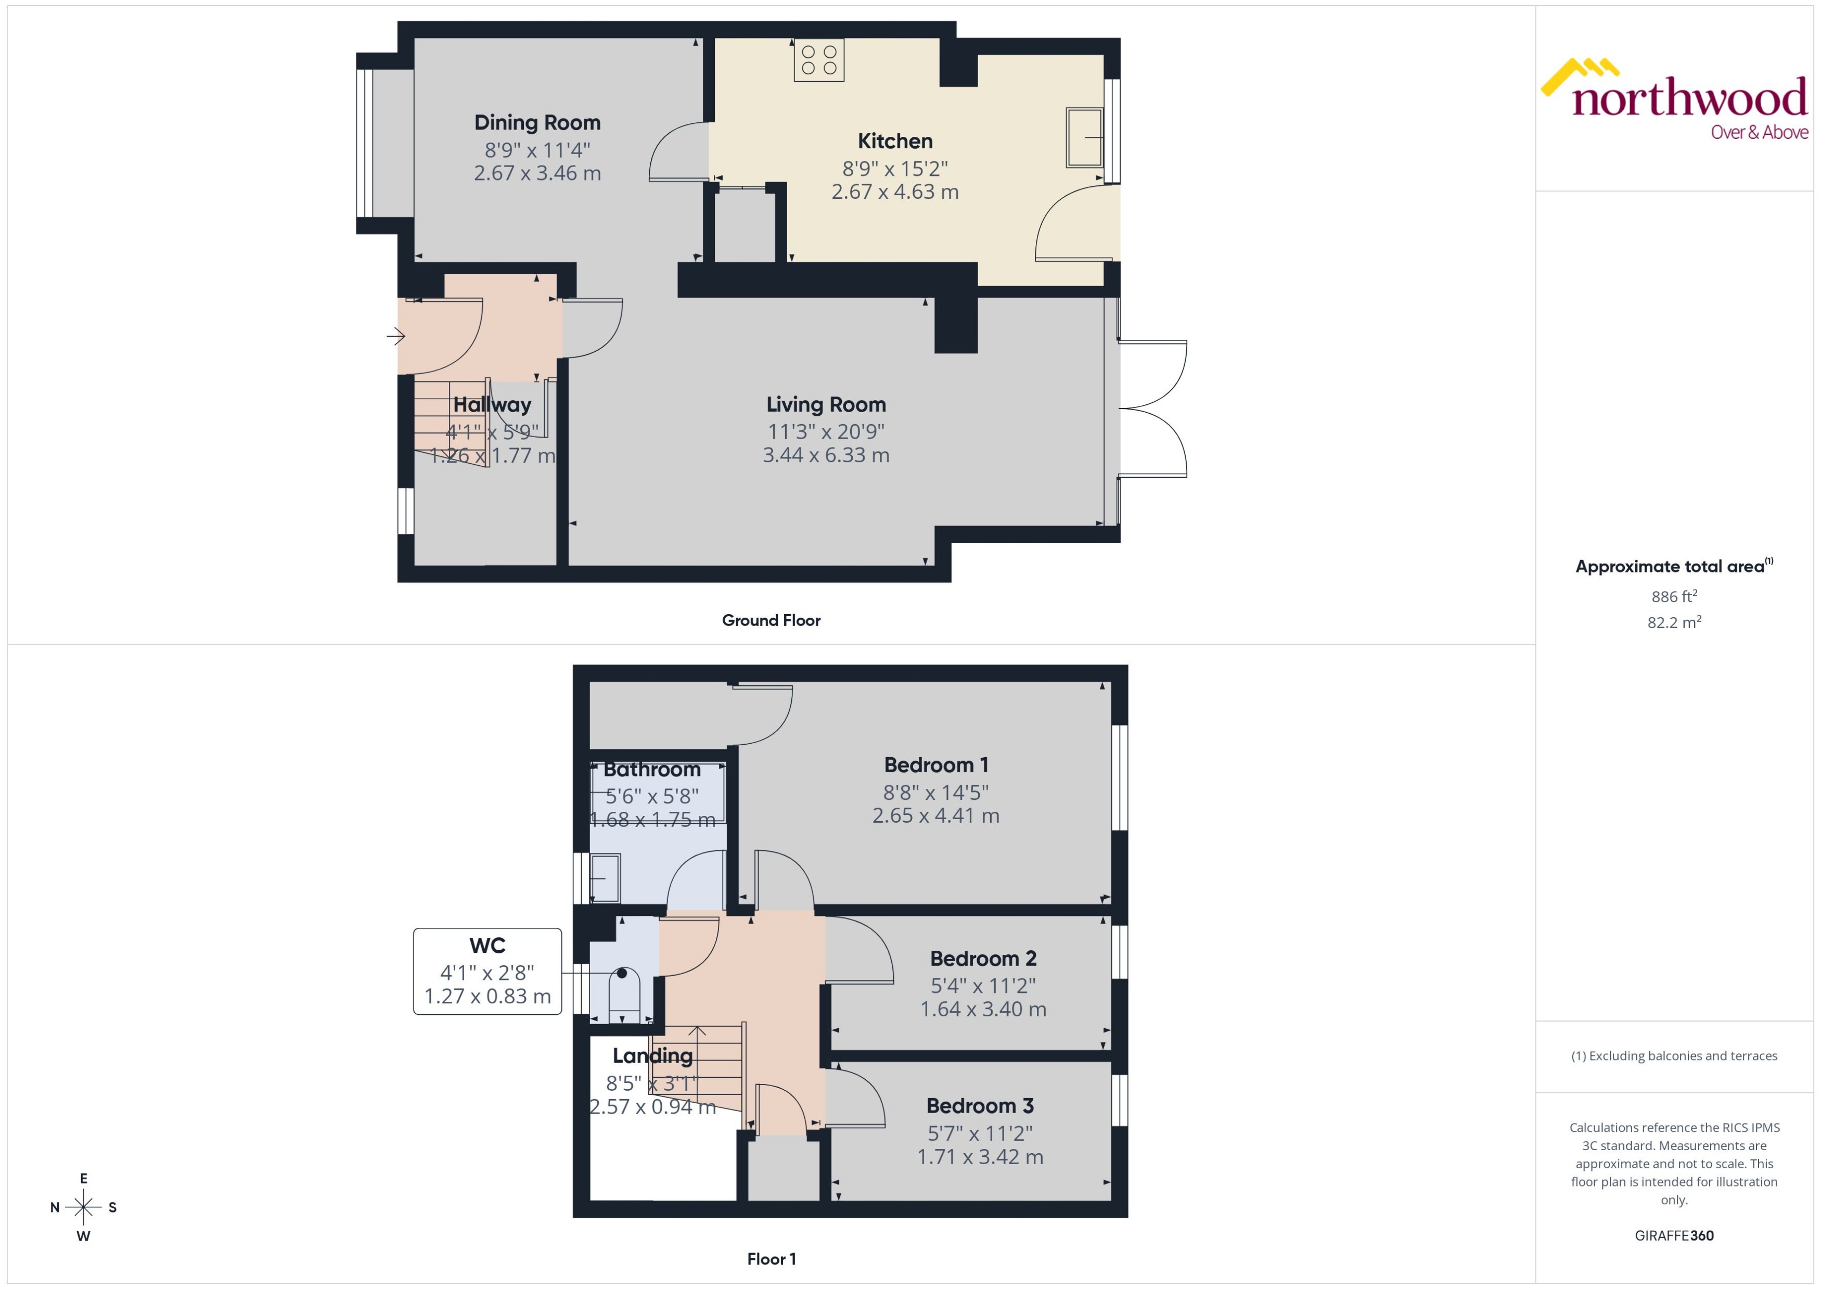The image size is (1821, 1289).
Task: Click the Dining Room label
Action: click(x=537, y=123)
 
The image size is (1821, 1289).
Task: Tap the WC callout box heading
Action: click(x=487, y=946)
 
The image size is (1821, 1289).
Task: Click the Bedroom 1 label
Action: click(x=937, y=765)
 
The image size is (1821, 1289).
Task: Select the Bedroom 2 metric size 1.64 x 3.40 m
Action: click(x=983, y=1010)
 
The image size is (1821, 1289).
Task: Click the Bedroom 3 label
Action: click(x=980, y=1106)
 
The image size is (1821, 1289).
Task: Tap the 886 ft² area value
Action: click(x=1674, y=596)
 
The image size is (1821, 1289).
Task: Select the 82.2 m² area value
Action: click(x=1674, y=622)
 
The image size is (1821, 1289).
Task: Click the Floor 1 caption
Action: click(x=771, y=1259)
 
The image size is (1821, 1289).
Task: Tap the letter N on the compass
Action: click(x=55, y=1207)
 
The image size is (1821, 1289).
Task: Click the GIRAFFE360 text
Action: click(x=1674, y=1236)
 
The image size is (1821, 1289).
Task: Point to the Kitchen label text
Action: click(x=895, y=141)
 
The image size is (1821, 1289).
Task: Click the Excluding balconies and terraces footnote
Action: click(x=1674, y=1056)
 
